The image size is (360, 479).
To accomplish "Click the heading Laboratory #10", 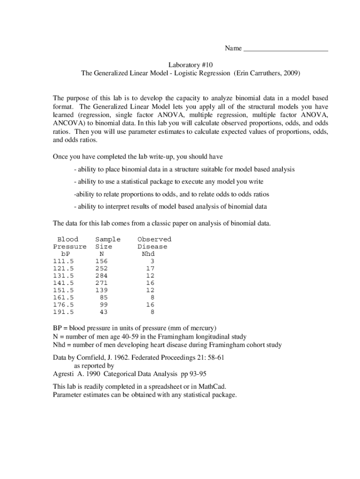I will coord(191,64).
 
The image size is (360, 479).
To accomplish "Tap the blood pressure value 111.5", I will coord(64,261).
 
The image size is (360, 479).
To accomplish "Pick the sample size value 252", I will coord(101,269).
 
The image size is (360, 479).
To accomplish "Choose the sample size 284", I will coord(101,276).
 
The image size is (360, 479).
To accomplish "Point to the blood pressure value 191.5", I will coord(64,312).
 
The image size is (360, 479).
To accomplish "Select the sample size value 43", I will coord(103,312).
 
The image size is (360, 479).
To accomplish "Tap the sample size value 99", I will coord(103,305).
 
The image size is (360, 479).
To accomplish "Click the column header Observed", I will coord(154,239).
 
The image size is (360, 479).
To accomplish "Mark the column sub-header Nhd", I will coord(148,254).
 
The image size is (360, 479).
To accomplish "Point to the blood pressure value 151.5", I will coord(64,290).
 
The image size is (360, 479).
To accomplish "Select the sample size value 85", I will coord(103,298).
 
